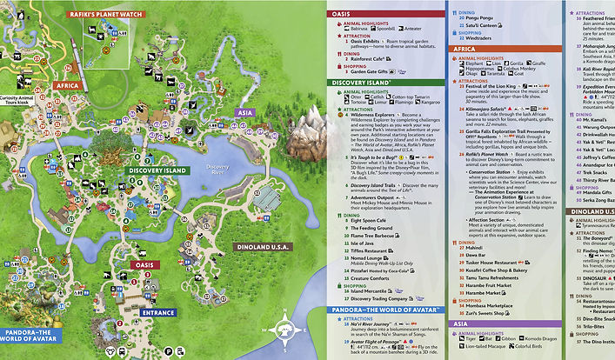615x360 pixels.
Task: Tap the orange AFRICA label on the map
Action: tap(66, 86)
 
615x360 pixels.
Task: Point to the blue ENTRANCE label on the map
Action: tap(158, 312)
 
